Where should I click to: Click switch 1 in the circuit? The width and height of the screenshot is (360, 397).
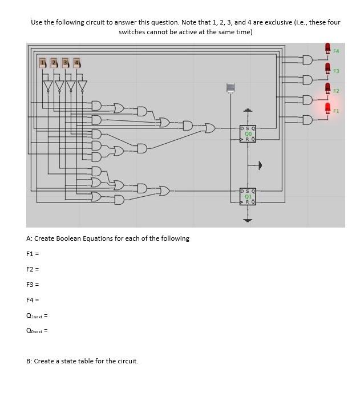[43, 62]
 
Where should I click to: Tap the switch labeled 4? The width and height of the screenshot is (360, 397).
[77, 62]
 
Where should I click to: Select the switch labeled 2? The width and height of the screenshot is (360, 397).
[54, 62]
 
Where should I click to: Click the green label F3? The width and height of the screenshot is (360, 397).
[336, 71]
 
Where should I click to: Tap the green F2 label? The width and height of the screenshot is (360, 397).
[336, 91]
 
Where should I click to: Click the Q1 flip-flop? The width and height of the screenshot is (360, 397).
[248, 196]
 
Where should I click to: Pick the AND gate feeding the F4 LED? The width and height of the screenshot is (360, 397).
[308, 60]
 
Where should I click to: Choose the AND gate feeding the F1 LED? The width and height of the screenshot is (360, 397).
[308, 120]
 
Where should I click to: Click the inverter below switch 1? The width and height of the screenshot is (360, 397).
[48, 86]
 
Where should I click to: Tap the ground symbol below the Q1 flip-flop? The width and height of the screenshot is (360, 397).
[248, 219]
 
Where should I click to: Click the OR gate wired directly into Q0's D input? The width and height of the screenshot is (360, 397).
[210, 127]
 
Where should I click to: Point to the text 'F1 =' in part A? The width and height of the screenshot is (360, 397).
[32, 253]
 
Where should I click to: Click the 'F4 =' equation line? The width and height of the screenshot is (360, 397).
[32, 299]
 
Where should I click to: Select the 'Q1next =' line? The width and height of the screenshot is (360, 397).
[37, 315]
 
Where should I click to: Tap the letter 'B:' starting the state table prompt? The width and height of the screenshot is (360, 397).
[30, 361]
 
